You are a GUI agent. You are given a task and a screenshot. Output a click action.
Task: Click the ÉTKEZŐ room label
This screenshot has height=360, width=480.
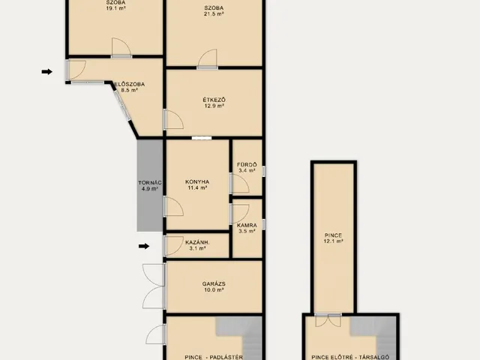pos(214,100)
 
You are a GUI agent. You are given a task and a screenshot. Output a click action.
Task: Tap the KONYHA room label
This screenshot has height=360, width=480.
pos(197,181)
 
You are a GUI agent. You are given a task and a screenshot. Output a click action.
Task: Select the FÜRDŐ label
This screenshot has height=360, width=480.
pos(247,165)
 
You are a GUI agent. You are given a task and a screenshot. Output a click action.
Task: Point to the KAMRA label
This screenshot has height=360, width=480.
pos(247,225)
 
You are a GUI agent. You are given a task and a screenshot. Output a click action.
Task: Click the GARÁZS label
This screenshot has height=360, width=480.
pos(214,283)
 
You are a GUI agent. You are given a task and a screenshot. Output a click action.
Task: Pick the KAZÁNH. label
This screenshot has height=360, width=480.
pos(197,242)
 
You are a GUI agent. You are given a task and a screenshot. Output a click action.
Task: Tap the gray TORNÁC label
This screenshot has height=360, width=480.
pos(150,183)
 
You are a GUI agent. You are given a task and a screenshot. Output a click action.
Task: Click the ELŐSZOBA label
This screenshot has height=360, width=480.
pos(130,84)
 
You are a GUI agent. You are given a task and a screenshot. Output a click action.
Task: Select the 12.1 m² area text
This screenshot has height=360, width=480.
pos(333,241)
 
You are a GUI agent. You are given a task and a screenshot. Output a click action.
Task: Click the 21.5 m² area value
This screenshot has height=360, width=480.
pos(214,13)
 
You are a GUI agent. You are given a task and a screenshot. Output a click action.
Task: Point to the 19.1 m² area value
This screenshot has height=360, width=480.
pos(116,8)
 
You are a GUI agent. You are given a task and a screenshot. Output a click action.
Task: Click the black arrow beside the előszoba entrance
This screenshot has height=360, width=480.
pos(46,72)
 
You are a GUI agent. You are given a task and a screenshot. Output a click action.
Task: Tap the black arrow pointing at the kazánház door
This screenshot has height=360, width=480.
pos(144,246)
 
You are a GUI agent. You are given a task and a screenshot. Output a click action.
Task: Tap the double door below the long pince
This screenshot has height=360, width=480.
pos(328,320)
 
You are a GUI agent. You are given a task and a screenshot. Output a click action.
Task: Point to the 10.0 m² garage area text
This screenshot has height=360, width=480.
pos(214,289)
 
